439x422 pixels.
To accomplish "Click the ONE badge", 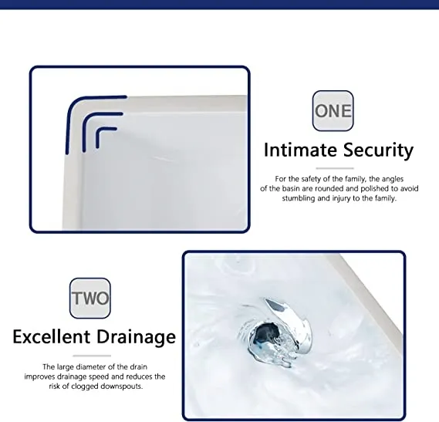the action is pyautogui.click(x=333, y=110).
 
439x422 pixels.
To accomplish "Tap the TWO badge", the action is pyautogui.click(x=90, y=299).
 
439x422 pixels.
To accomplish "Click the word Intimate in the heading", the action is pyautogui.click(x=300, y=150).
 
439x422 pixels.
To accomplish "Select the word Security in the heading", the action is pyautogui.click(x=378, y=150).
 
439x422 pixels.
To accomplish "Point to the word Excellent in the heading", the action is pyautogui.click(x=52, y=336).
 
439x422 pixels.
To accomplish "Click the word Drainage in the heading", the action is pyautogui.click(x=137, y=337).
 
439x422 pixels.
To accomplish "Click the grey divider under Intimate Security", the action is pyautogui.click(x=335, y=168).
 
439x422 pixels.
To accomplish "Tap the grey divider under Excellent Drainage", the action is pyautogui.click(x=92, y=356).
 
